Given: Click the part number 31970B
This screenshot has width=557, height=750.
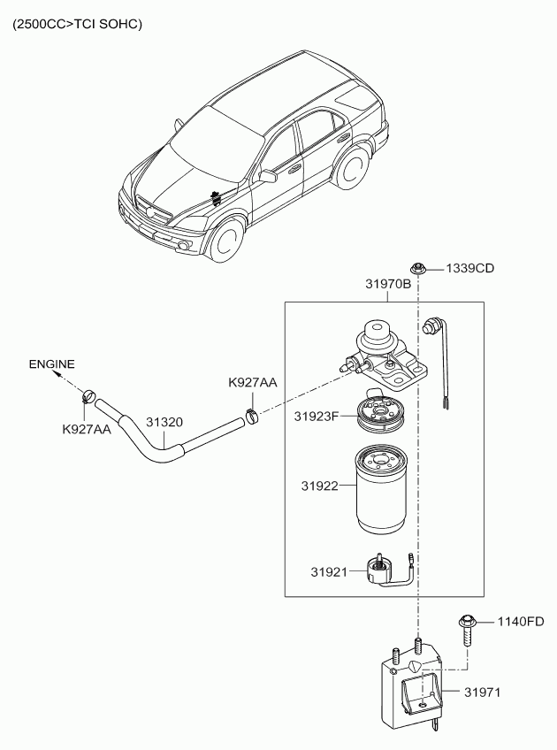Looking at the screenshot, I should [x=388, y=285].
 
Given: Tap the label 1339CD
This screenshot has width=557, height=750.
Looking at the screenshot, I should [x=469, y=268].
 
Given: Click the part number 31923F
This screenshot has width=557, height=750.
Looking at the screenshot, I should [x=317, y=416].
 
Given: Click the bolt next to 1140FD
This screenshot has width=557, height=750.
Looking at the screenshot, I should [x=467, y=631].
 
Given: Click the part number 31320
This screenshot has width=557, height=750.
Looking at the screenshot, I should [x=164, y=422].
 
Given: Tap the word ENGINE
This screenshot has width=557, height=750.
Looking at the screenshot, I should [x=51, y=364].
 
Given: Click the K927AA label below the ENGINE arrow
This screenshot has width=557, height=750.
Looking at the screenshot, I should [x=86, y=429].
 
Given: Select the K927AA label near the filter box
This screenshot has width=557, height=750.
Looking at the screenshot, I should [x=252, y=383].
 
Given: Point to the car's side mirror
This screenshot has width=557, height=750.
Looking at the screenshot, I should [x=267, y=176].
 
